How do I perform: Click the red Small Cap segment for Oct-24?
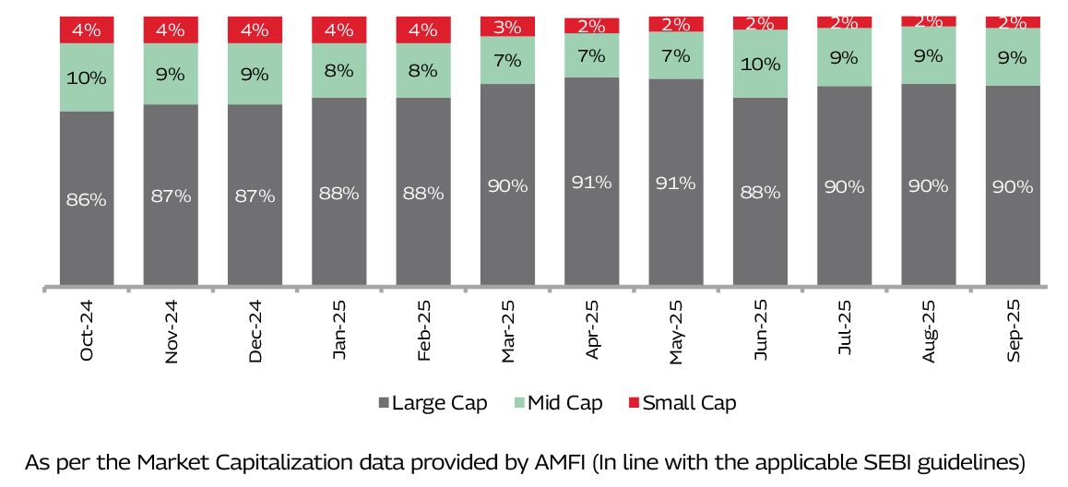coord(87,30)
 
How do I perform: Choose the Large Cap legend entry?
coord(433,403)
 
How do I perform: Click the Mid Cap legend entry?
coord(558,403)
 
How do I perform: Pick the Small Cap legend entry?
coord(682,403)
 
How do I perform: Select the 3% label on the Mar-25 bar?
coord(507,26)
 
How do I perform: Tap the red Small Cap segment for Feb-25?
coord(423,30)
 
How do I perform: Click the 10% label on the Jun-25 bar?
coord(760,64)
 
